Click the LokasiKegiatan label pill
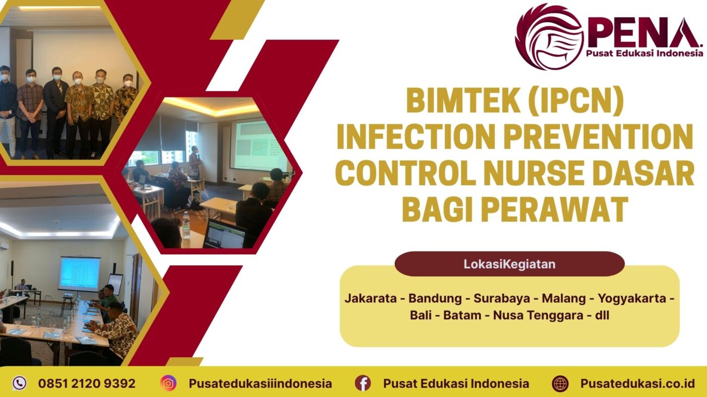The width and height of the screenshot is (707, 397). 509,264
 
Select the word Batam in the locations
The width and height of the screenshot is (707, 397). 463,315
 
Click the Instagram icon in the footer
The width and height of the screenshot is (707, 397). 169,383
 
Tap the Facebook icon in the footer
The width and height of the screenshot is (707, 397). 363,383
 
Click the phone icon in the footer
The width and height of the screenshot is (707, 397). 20,383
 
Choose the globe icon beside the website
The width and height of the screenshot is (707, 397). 560,383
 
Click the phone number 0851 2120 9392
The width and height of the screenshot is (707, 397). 86,383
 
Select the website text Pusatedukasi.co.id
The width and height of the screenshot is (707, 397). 637,383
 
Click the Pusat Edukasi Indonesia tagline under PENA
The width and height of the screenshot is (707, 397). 644,53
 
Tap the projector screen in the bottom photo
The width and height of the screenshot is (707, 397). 79,273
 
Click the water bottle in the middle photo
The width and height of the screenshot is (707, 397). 186,225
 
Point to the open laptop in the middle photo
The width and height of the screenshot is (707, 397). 224,235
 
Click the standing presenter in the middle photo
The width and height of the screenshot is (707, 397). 194,161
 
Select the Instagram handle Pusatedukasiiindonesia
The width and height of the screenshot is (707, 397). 260,383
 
